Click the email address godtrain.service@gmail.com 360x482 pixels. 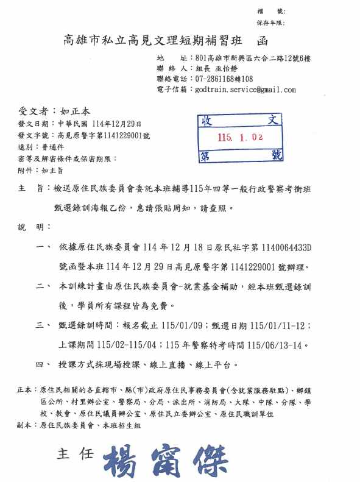coord(245,90)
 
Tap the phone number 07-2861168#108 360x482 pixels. coord(224,79)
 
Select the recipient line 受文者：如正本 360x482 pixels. coord(54,112)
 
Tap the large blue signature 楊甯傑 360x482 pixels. coord(160,458)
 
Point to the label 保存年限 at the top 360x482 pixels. coord(270,23)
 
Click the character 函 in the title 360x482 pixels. coord(263,41)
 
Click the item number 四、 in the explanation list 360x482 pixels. coord(43,364)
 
